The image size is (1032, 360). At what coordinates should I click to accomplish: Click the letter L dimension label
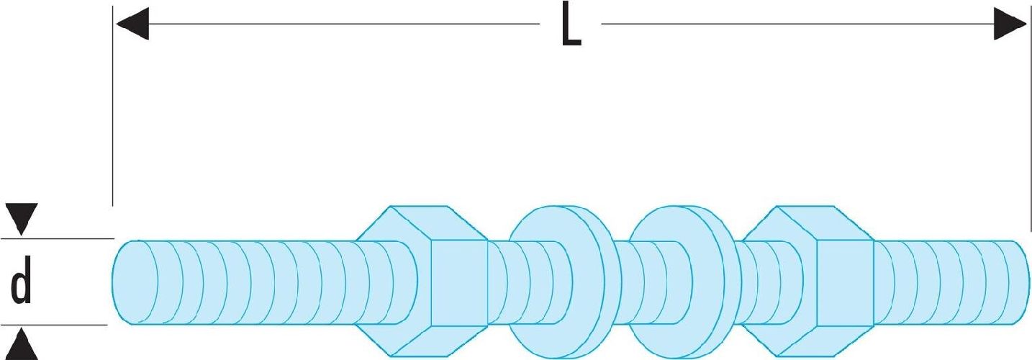pyautogui.click(x=571, y=30)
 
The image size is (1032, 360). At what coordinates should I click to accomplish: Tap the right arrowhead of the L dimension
pyautogui.click(x=1010, y=24)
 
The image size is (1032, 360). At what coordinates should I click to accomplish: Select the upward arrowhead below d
pyautogui.click(x=22, y=344)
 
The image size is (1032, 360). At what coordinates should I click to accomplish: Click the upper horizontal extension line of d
pyautogui.click(x=58, y=238)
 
